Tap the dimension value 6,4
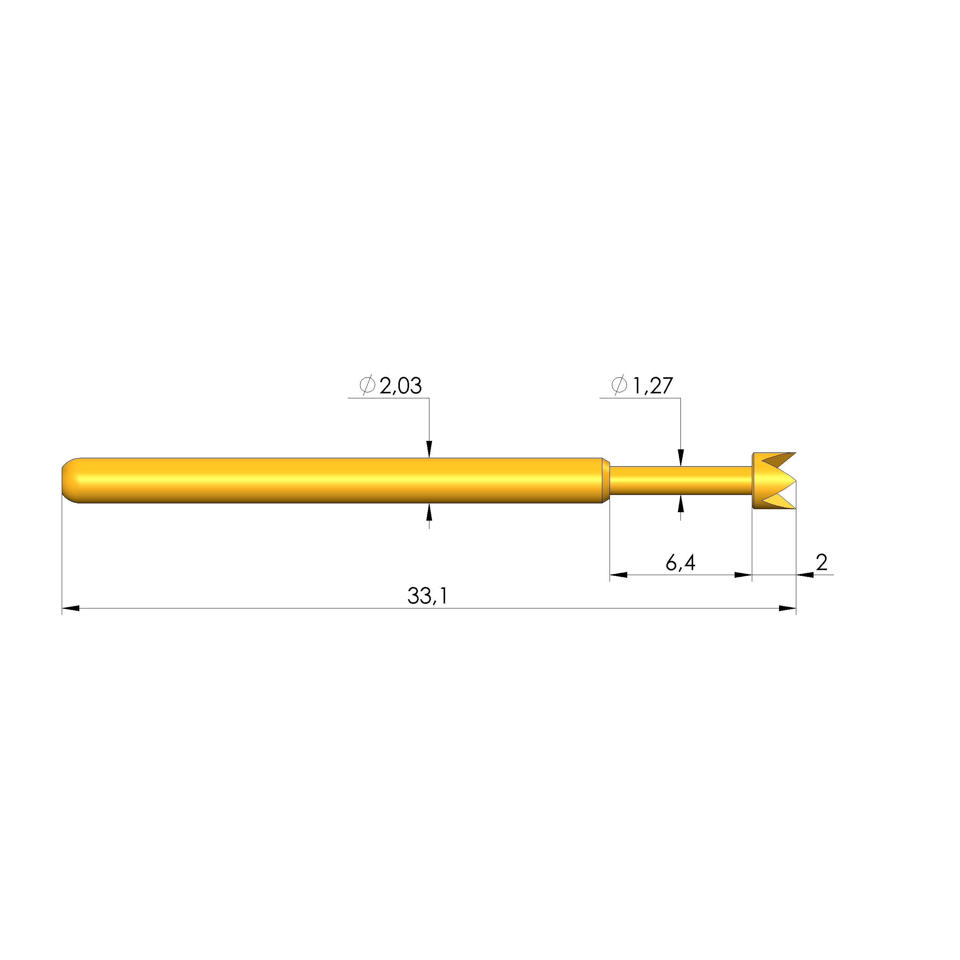(x=680, y=563)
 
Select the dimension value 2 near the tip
(x=821, y=562)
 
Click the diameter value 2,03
(x=401, y=386)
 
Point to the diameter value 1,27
(x=653, y=386)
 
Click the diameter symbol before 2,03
(x=367, y=386)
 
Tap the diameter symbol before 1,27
(x=619, y=386)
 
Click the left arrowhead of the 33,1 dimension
(x=71, y=608)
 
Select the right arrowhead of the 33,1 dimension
(x=787, y=608)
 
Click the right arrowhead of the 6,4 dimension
(x=743, y=575)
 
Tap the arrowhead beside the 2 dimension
(x=805, y=575)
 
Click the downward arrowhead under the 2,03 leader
(x=429, y=449)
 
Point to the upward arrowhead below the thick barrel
(x=429, y=512)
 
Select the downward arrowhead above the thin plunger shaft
(x=681, y=458)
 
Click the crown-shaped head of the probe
(x=773, y=480)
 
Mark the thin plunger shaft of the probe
(x=681, y=480)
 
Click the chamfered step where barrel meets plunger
(x=606, y=480)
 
